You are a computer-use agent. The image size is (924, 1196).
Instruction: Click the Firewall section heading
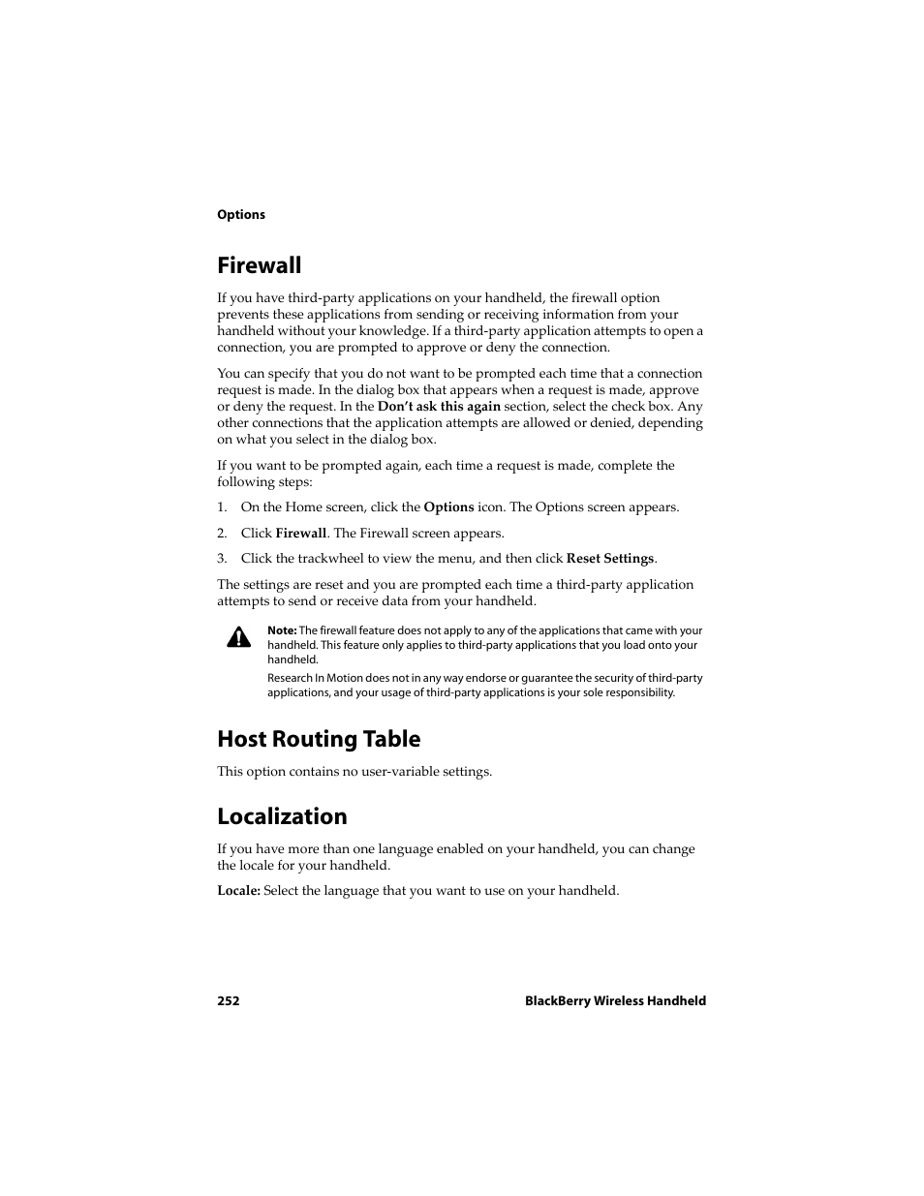pos(259,265)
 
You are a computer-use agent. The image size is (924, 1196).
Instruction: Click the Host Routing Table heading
pos(319,739)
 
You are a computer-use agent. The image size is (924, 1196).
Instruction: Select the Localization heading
pos(282,816)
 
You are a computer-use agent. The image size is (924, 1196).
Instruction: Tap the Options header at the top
pos(240,215)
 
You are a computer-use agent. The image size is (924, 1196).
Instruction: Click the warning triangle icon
pos(238,637)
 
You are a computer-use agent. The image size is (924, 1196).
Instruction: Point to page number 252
pos(228,1001)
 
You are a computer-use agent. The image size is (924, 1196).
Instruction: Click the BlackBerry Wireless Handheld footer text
pos(615,1001)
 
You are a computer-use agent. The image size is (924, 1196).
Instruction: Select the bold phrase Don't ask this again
pos(439,407)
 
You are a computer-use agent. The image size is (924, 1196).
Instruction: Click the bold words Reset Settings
pos(610,559)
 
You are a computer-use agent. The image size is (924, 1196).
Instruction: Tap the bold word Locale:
pos(238,891)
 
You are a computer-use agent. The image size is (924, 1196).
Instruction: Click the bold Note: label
pos(282,630)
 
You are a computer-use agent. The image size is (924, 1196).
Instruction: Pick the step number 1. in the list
pos(222,507)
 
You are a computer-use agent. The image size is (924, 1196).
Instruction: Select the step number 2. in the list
pos(222,534)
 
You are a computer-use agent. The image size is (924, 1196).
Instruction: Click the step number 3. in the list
pos(222,559)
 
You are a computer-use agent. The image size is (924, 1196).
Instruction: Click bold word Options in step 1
pos(448,507)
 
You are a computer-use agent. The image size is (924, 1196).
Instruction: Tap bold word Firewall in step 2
pos(301,534)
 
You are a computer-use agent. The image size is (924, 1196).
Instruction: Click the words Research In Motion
pos(309,678)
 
